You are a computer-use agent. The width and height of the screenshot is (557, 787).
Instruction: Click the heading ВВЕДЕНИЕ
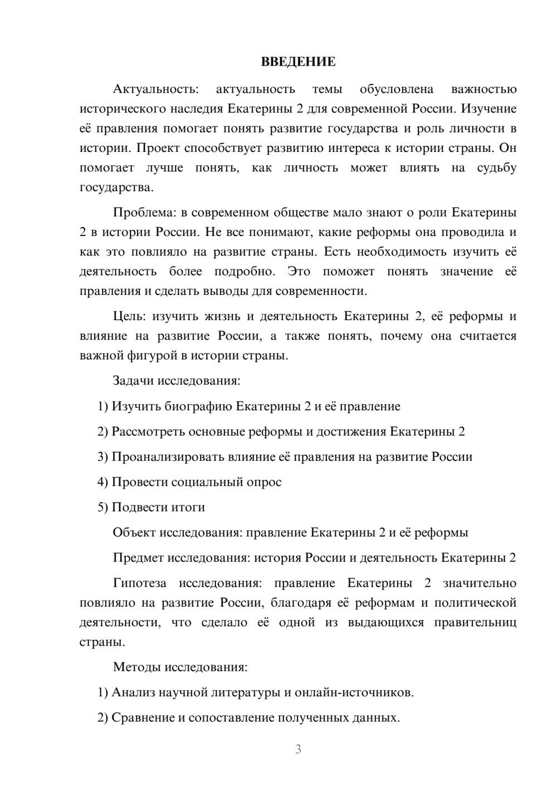[x=298, y=62]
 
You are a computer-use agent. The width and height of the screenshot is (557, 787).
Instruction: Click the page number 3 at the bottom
[x=298, y=749]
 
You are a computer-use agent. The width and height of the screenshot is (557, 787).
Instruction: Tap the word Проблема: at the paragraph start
[x=143, y=213]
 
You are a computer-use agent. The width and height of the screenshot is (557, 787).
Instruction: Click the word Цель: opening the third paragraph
[x=129, y=317]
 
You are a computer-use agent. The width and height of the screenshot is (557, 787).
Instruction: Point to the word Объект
[x=134, y=533]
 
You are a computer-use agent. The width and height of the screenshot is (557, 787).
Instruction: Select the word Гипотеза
[x=140, y=583]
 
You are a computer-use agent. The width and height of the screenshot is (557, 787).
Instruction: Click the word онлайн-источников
[x=354, y=692]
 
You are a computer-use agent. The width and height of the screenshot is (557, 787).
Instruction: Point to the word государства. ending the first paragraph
[x=116, y=188]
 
